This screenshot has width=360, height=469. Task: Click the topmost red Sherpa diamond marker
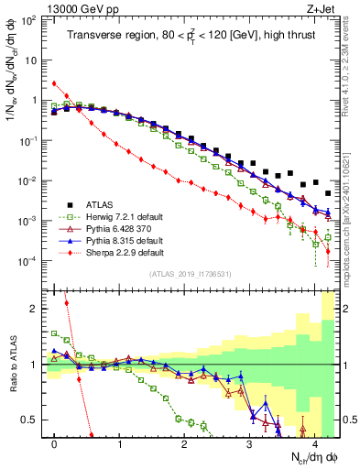(x=55, y=83)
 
